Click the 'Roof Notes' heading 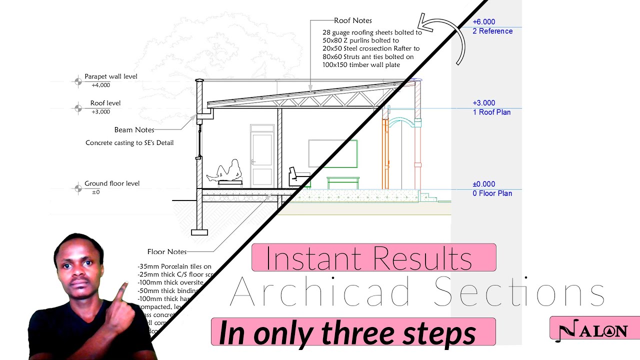353,20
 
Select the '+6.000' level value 483,22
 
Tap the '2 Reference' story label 492,31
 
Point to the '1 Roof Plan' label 491,112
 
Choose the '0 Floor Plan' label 492,193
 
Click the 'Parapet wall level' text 110,76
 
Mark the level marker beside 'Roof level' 78,107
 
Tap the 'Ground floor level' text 112,183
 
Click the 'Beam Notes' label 134,130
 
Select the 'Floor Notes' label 167,252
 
